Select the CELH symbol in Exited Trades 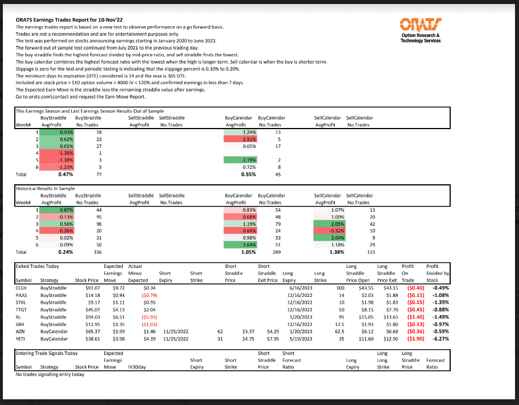[x=22, y=288]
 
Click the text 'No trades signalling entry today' [x=50, y=374]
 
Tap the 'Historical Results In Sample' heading [x=45, y=188]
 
